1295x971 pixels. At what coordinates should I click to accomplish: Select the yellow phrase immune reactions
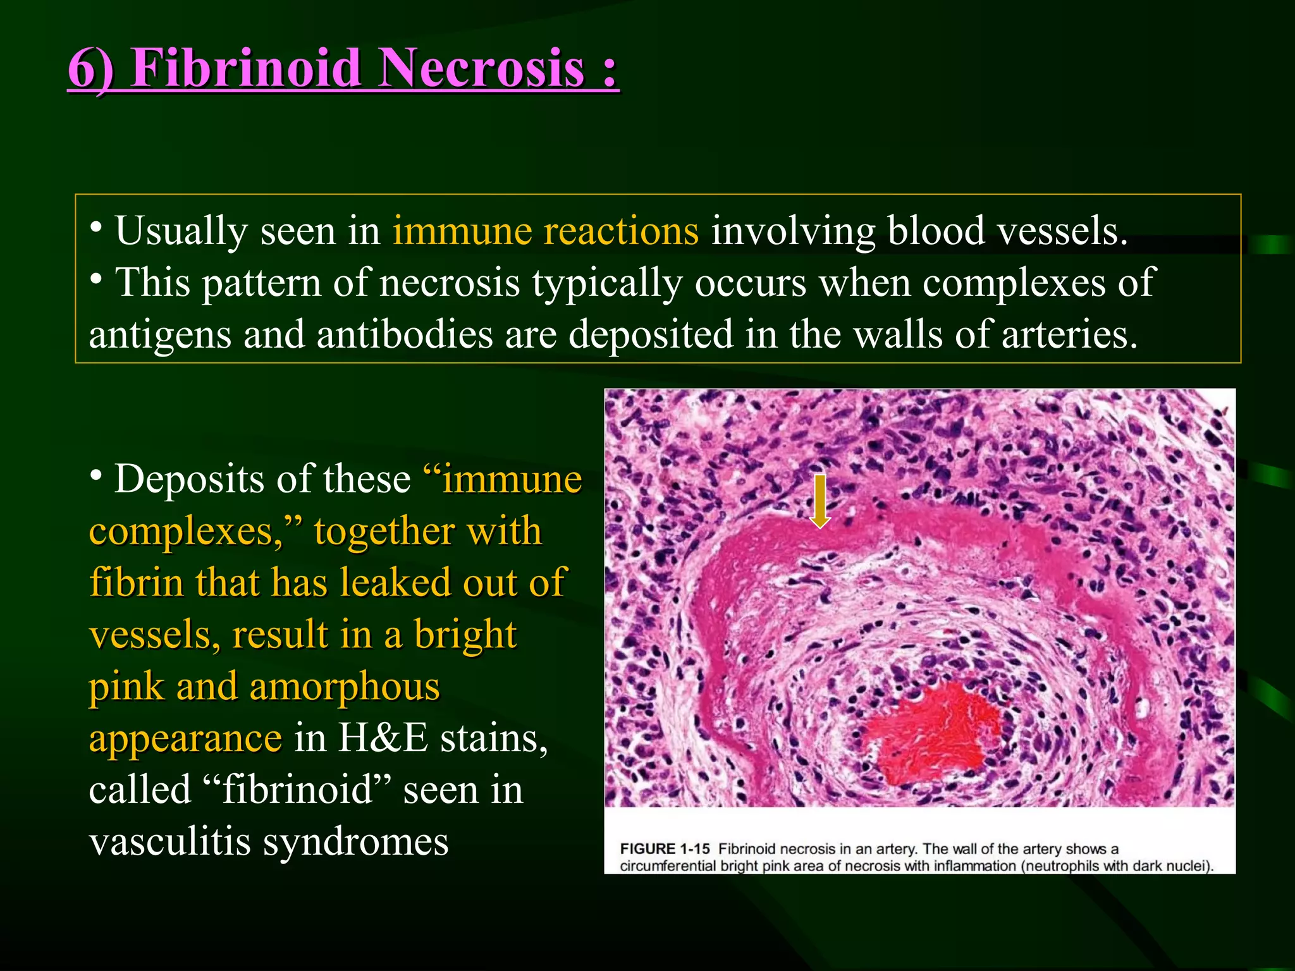546,231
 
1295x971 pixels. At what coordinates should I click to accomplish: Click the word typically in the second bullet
607,283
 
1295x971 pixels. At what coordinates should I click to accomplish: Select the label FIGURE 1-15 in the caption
665,849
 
